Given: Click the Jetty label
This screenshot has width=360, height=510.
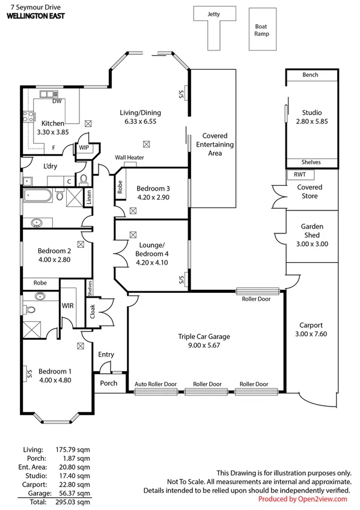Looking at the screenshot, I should [x=213, y=13].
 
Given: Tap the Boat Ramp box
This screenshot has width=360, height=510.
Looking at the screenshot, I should [x=261, y=29].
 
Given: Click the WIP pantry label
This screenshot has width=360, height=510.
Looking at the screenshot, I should [x=83, y=147].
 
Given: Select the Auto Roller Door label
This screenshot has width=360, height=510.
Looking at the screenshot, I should [x=156, y=384].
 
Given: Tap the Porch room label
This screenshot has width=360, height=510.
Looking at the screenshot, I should [x=108, y=383].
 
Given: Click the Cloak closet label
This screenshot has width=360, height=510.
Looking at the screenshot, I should [x=92, y=312].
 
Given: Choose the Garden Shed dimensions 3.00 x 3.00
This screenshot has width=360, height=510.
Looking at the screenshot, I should [x=312, y=244].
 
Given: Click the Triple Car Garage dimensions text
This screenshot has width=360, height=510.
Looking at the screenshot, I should [x=204, y=346].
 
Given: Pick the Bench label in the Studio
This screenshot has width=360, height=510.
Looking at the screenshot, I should [x=311, y=75].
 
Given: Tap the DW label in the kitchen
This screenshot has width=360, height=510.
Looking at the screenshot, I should [x=57, y=101].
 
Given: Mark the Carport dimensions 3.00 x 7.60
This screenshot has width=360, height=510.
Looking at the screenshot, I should [x=312, y=334].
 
